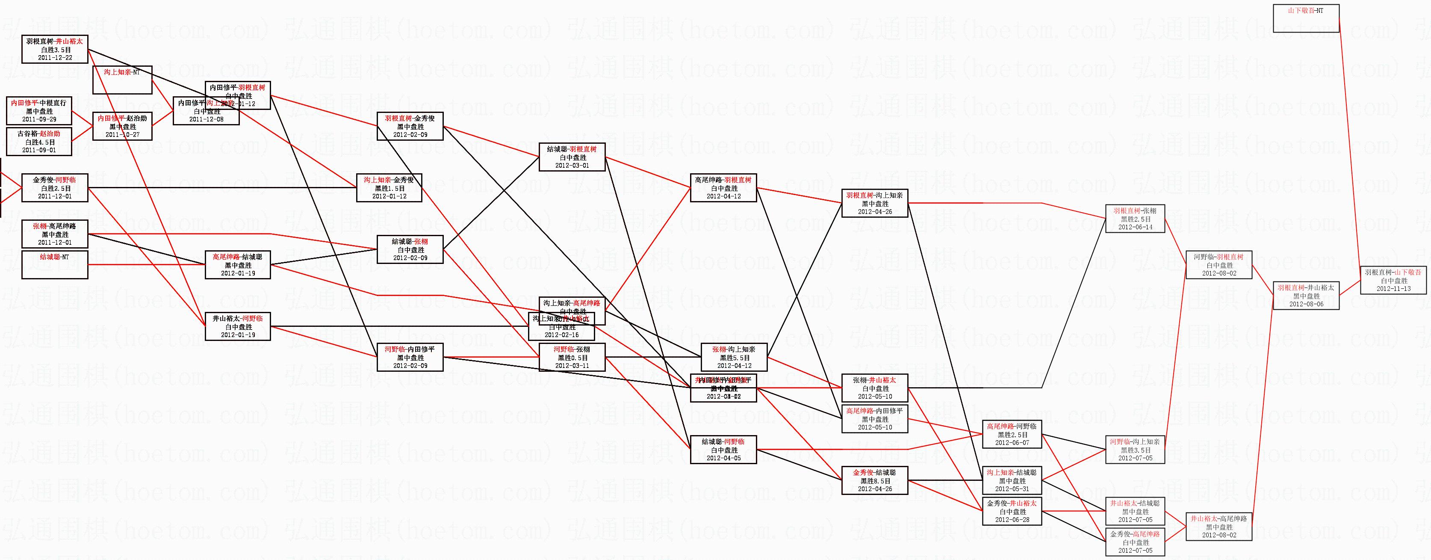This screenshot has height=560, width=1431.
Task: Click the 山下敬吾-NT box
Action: [x=1305, y=18]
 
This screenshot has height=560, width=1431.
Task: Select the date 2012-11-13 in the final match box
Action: [x=1393, y=289]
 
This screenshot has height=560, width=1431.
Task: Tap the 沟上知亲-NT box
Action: [x=122, y=80]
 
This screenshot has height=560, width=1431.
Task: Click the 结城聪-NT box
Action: [x=54, y=265]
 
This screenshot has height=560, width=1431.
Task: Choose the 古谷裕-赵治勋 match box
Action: [x=39, y=142]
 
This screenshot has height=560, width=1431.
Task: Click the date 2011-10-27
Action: [x=122, y=135]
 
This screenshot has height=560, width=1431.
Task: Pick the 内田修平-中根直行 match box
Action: [x=39, y=111]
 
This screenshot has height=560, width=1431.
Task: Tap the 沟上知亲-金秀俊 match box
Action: [x=389, y=187]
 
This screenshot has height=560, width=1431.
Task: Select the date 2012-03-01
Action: [x=572, y=165]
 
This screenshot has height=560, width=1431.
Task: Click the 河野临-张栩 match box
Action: [x=572, y=357]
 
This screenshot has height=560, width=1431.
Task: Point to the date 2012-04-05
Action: [x=723, y=458]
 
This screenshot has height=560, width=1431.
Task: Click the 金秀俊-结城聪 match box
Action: [x=874, y=480]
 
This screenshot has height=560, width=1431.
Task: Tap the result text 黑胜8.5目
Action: [x=875, y=481]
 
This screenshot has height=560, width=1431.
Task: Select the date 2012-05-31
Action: [x=1012, y=489]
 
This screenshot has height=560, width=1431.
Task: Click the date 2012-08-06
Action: [x=1306, y=304]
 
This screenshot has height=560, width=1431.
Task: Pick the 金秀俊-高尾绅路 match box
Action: [x=1135, y=542]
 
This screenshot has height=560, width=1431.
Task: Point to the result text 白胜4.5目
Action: [x=39, y=142]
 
